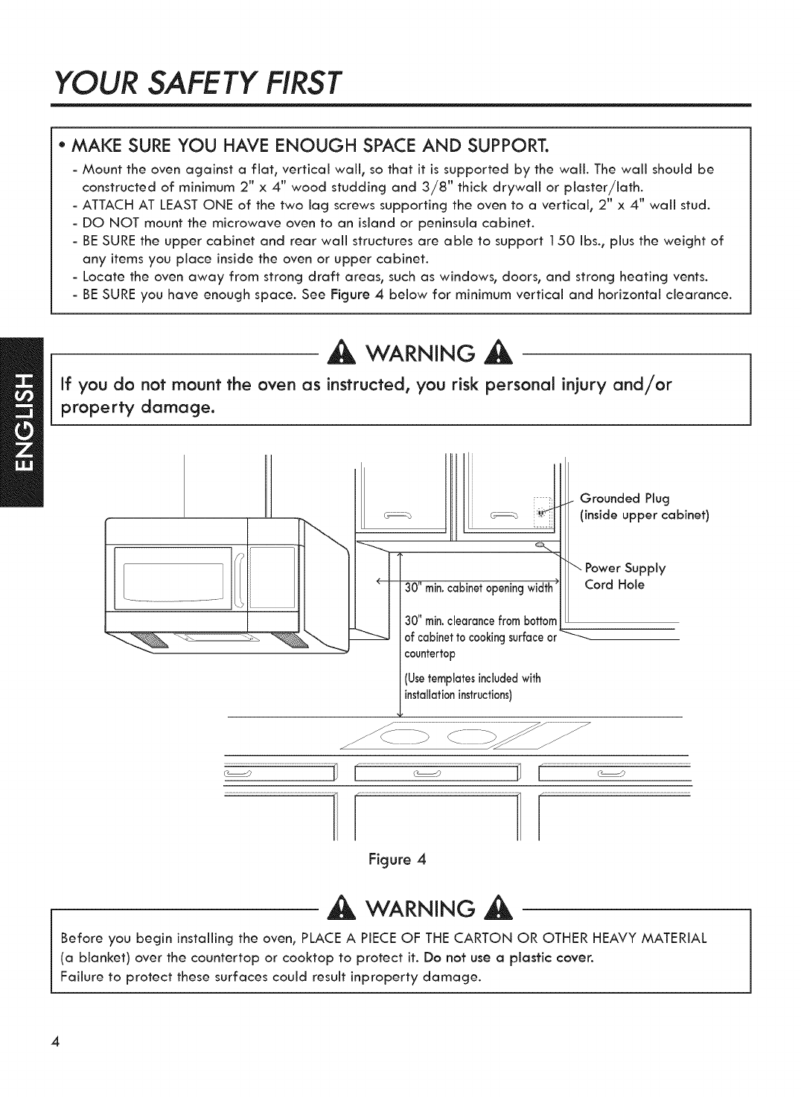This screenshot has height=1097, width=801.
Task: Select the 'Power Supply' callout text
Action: [629, 569]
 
